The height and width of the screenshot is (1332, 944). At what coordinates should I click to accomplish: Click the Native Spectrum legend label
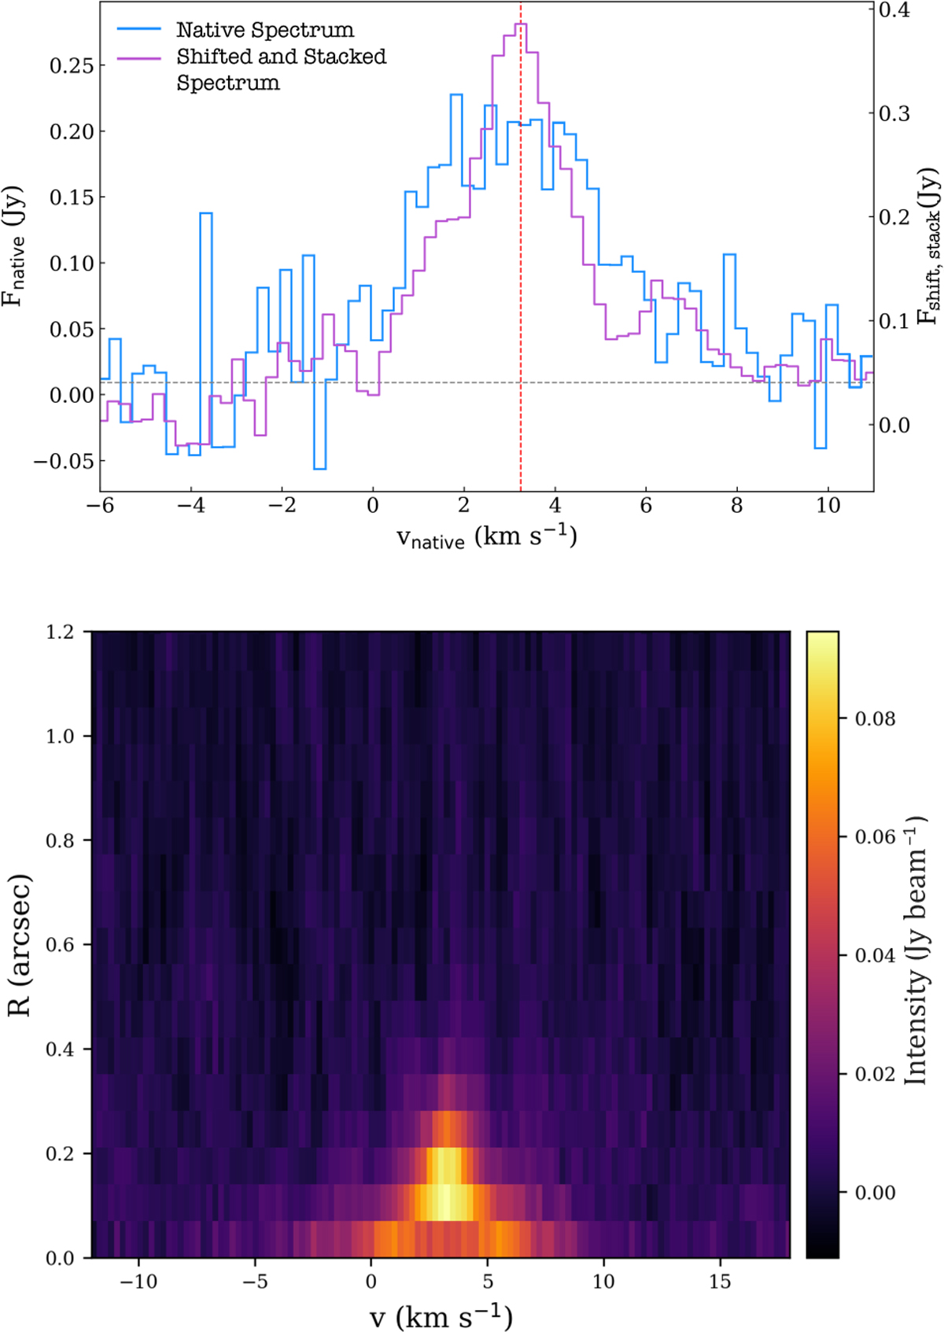click(x=265, y=30)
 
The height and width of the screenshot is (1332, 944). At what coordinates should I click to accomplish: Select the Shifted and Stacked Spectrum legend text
click(x=281, y=69)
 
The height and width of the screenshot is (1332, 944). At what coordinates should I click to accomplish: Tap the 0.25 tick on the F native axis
click(x=72, y=65)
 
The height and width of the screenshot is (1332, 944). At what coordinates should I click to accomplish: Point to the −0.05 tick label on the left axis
click(x=65, y=461)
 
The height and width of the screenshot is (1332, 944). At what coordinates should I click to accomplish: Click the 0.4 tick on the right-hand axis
click(x=894, y=10)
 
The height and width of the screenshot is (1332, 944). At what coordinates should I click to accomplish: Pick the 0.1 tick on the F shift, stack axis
click(x=894, y=321)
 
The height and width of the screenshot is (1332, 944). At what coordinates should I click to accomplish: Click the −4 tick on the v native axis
click(x=191, y=505)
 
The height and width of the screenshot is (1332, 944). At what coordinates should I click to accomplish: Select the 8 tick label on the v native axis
click(x=736, y=505)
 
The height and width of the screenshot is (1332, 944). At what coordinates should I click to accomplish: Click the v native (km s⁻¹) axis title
click(x=487, y=537)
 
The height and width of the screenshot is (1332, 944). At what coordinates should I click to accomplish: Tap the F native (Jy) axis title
click(x=13, y=246)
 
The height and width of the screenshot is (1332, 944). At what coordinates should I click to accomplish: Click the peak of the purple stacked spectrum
click(x=521, y=24)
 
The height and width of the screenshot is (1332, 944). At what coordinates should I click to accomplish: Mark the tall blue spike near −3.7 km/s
click(x=205, y=213)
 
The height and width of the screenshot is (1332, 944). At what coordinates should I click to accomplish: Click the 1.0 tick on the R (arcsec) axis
click(x=60, y=736)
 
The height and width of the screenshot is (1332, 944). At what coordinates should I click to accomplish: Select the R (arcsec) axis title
click(x=20, y=945)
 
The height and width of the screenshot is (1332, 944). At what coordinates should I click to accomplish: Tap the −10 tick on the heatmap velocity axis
click(x=138, y=1279)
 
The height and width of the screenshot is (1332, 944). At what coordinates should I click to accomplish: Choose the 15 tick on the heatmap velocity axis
click(x=720, y=1279)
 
